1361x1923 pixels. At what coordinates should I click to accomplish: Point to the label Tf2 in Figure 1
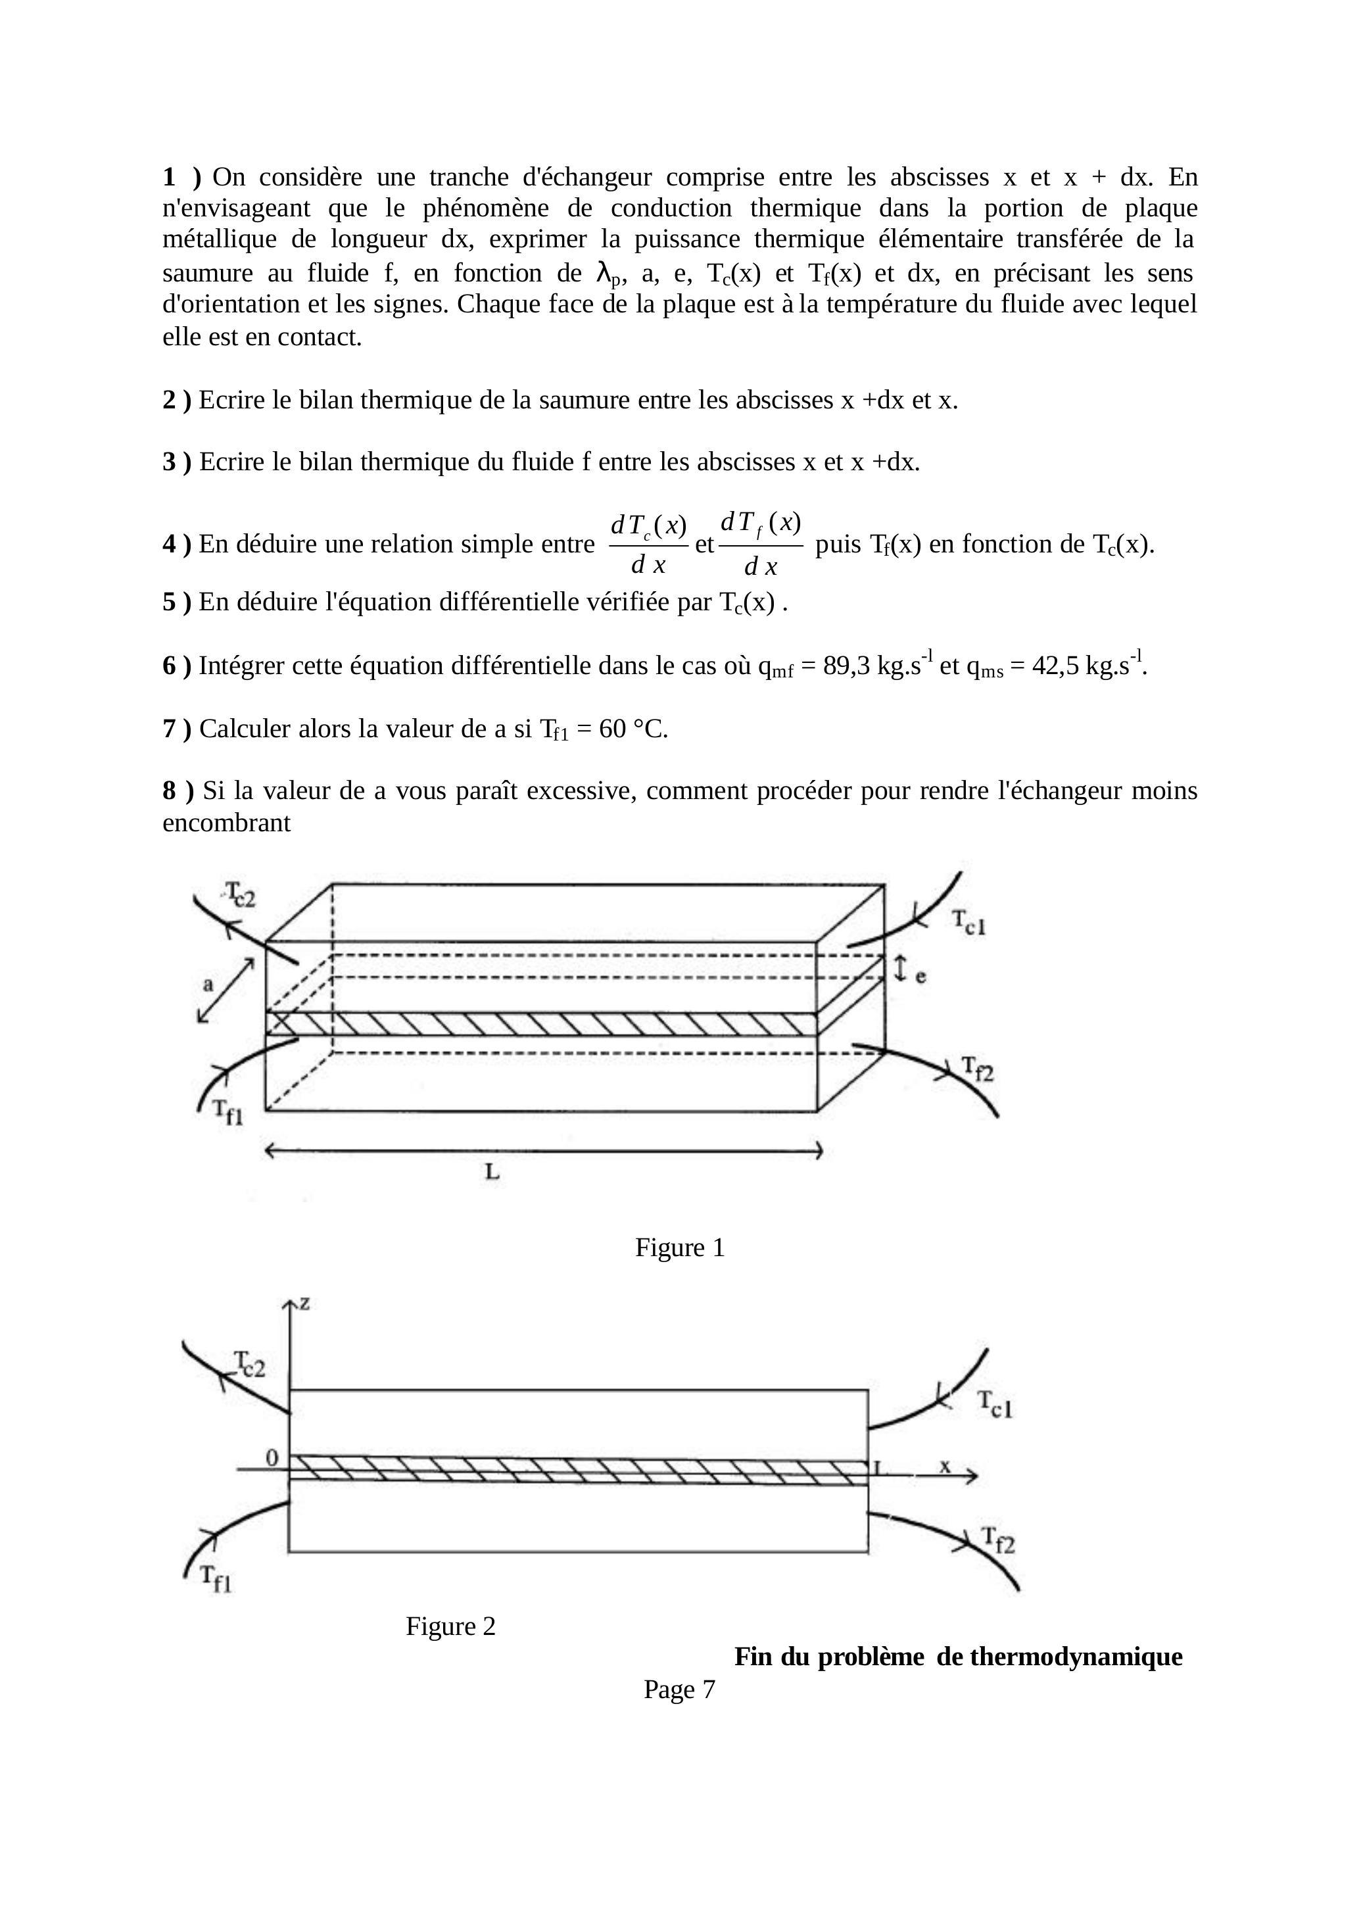tap(976, 1069)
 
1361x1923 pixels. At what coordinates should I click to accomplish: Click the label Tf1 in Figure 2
tap(216, 1578)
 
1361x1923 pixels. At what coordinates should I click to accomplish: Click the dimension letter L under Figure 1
tap(492, 1172)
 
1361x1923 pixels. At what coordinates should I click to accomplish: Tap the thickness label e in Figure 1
tap(920, 977)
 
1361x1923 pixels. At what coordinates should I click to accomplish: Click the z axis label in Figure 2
tap(305, 1303)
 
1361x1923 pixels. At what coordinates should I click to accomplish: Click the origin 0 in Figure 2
tap(272, 1459)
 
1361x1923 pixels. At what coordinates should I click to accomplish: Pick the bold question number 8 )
tap(178, 791)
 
